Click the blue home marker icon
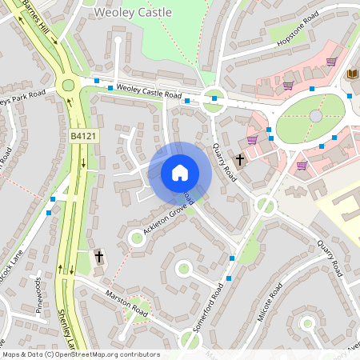coord(180,172)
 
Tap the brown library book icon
coord(353,74)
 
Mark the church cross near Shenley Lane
coord(99,257)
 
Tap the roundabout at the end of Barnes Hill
coord(68,86)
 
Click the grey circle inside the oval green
coord(316,116)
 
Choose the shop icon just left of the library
coord(330,62)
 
